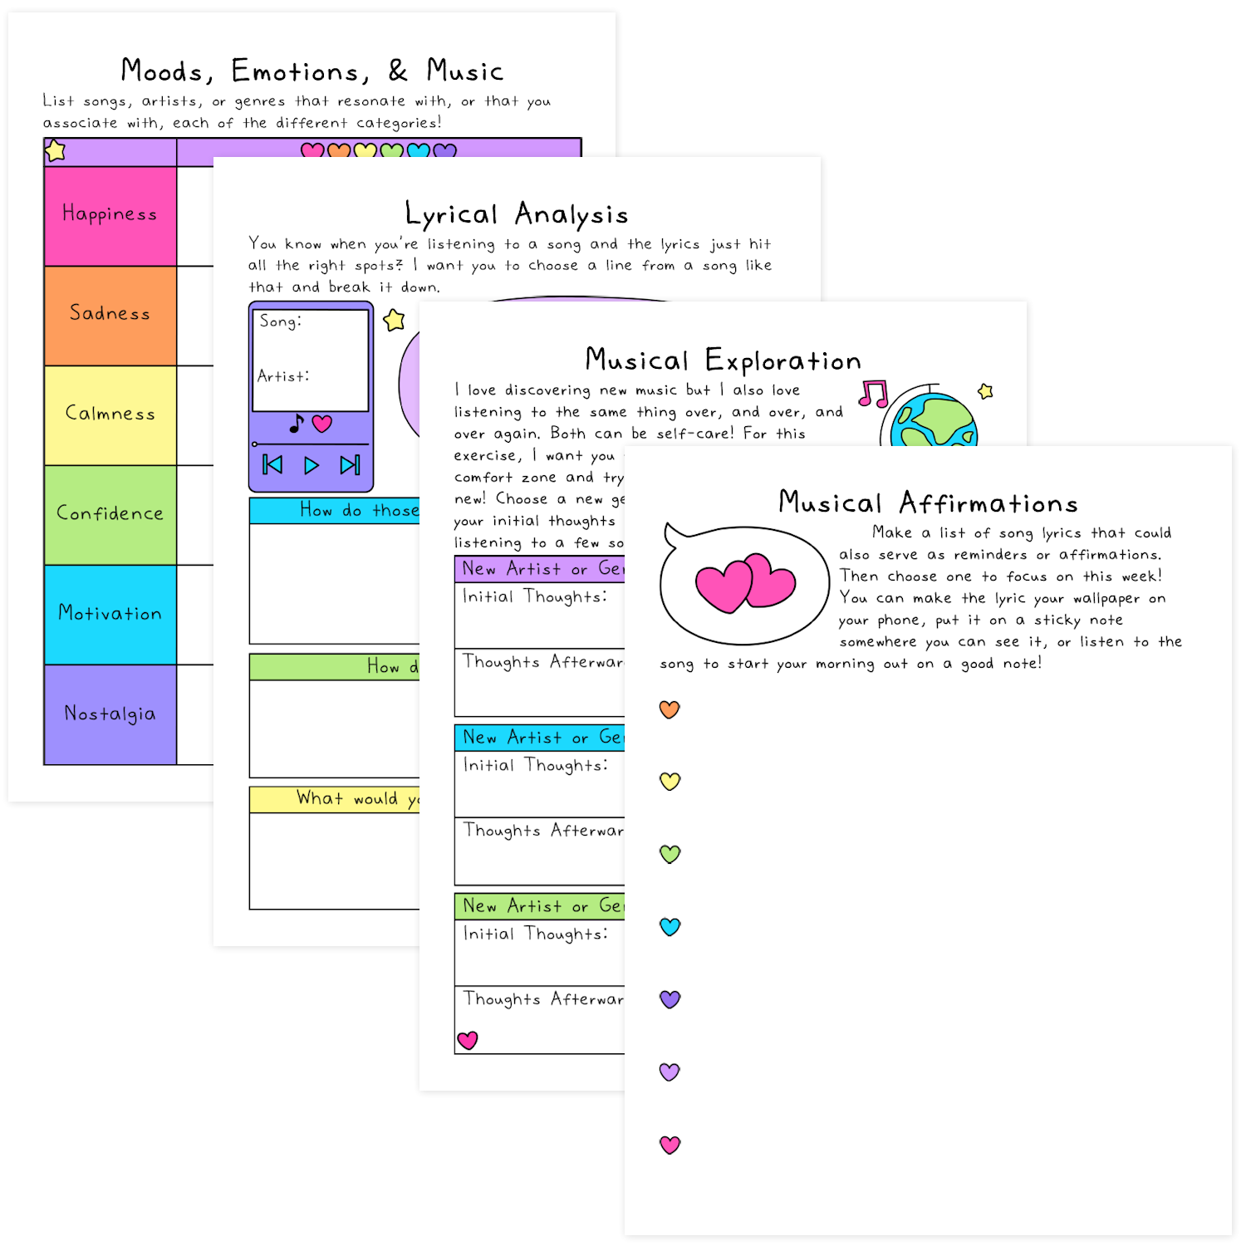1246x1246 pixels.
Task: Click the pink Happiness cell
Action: point(110,215)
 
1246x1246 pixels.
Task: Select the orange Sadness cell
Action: point(110,315)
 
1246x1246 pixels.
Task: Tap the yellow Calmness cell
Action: point(110,415)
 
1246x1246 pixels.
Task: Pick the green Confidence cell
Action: point(110,514)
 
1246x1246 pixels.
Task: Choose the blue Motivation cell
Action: point(110,614)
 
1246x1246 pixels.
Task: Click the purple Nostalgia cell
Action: point(110,714)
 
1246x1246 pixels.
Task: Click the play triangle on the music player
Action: point(311,465)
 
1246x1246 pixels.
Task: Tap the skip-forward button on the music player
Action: point(350,465)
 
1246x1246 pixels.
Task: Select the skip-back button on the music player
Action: point(272,465)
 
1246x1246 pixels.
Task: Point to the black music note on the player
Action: point(297,424)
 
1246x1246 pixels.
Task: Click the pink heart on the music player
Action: point(322,424)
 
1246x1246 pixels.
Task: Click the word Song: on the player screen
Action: point(280,321)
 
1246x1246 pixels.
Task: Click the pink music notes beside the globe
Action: point(874,394)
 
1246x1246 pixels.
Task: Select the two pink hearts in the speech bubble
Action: point(745,582)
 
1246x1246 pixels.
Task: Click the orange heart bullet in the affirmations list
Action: point(670,709)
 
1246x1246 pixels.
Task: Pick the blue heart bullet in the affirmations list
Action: point(670,926)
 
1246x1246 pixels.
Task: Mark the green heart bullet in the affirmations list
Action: point(670,854)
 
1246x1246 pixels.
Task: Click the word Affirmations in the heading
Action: point(988,503)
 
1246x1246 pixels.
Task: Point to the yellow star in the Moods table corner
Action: point(56,151)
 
